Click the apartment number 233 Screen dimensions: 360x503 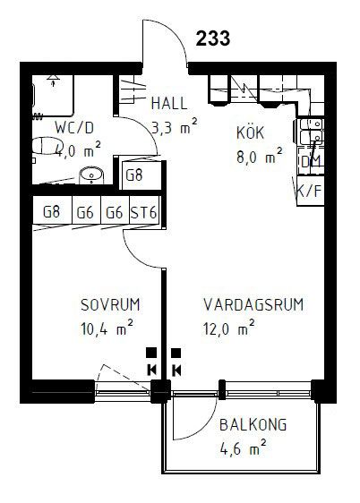point(213,38)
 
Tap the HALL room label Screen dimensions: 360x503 point(169,103)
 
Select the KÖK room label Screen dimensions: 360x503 point(250,132)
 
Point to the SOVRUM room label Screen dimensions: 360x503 point(110,304)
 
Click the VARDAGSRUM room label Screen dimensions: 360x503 point(253,304)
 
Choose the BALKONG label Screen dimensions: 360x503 point(253,425)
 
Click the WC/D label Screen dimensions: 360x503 point(74,128)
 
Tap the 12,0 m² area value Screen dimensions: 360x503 point(229,328)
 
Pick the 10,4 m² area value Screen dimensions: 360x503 point(107,328)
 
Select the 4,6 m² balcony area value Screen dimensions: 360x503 point(244,448)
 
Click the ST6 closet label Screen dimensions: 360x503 point(144,212)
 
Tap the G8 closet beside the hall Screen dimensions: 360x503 point(133,175)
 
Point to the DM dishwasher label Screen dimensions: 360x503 point(311,162)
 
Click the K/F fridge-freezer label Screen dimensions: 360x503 point(309,192)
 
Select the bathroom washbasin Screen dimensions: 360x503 point(91,175)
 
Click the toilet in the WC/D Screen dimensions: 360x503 point(48,146)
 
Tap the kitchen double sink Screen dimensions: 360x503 point(312,132)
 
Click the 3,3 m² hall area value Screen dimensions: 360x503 point(175,127)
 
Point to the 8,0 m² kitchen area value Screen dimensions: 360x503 point(260,156)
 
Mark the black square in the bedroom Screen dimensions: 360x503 point(151,353)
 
